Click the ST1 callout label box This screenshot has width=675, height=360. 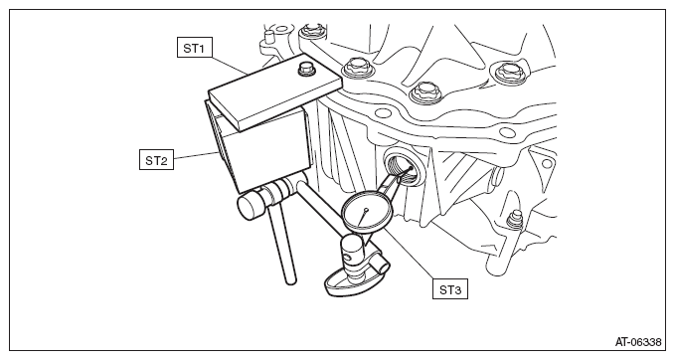point(195,48)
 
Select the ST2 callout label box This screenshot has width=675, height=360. point(156,160)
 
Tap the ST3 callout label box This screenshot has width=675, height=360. point(450,289)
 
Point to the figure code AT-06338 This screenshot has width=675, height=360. point(638,342)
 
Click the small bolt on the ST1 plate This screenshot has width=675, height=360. point(305,69)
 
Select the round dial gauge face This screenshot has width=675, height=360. point(367,211)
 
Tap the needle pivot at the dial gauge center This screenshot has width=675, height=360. point(366,210)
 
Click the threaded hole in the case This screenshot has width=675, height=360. point(402,167)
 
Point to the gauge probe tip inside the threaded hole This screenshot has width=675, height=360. point(412,168)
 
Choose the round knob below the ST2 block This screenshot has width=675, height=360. point(251,206)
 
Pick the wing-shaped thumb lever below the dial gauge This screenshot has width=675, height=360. point(343,283)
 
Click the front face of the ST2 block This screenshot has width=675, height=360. point(266,150)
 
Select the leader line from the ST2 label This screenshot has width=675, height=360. point(195,156)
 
